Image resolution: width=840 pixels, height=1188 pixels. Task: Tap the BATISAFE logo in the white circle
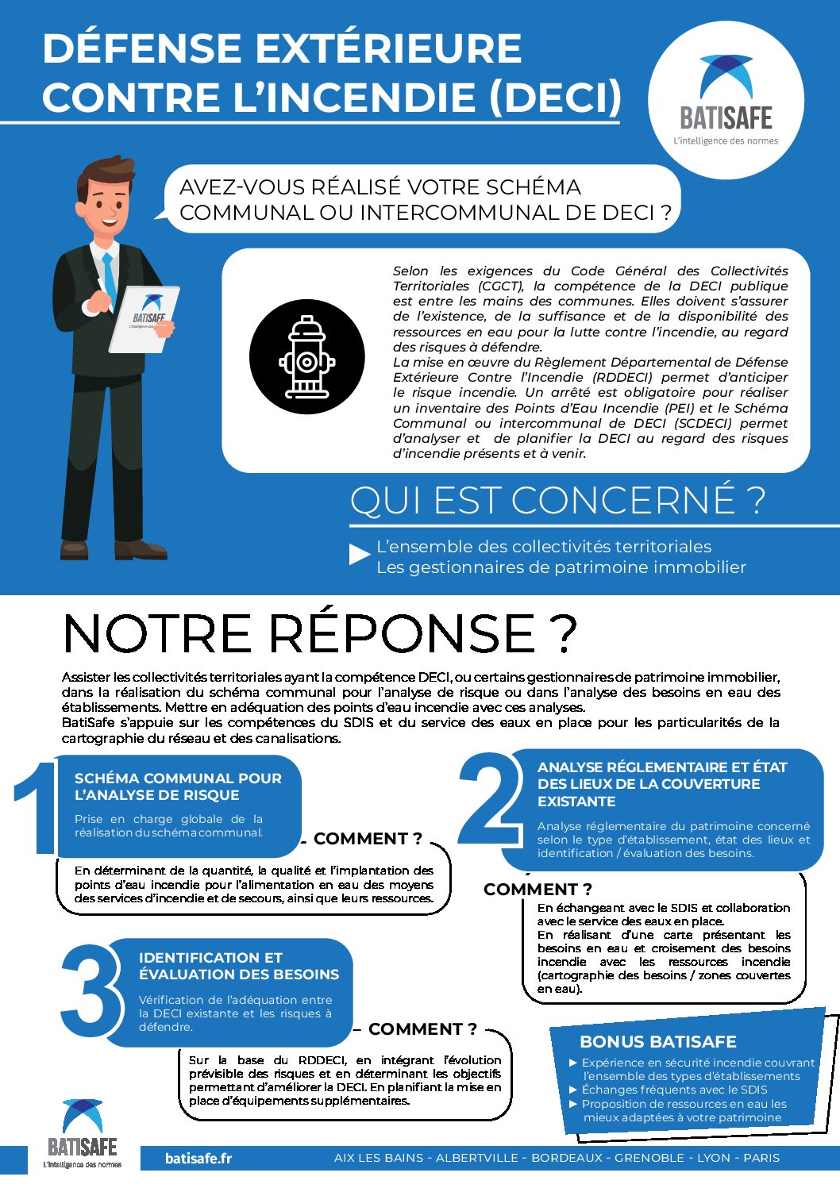pos(726,99)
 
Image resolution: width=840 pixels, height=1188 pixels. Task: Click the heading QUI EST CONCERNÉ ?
pos(557,500)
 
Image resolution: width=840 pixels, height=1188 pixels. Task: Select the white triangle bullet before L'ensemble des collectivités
pos(360,555)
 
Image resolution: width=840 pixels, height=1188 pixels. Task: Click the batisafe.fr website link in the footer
pos(198,1158)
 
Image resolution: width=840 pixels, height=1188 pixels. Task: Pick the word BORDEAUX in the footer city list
pos(567,1158)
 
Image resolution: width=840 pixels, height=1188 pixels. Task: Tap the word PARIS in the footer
pos(761,1158)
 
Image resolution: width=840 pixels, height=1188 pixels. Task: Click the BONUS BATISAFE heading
pos(658,1041)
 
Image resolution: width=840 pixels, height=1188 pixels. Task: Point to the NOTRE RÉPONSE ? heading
pos(320,633)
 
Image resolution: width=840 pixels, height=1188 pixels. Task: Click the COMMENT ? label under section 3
pos(422,1028)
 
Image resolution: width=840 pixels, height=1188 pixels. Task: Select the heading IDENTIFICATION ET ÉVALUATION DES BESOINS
pos(238,966)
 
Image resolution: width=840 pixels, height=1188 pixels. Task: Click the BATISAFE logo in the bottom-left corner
pos(83,1133)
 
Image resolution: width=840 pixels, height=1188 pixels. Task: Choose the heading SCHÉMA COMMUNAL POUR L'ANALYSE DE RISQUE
pos(178,786)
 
